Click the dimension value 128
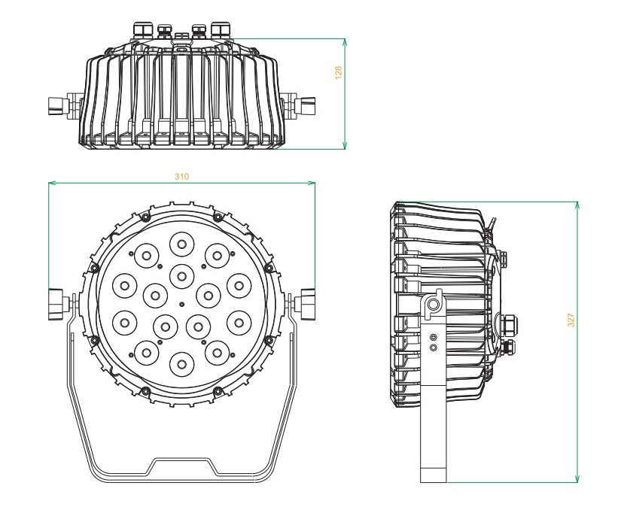(339, 73)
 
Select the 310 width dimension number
(181, 176)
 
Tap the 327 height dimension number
(571, 319)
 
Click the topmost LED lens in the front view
(181, 243)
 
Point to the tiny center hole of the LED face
(181, 303)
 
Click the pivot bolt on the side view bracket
(434, 304)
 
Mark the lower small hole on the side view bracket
(434, 349)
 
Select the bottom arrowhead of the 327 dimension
(577, 479)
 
